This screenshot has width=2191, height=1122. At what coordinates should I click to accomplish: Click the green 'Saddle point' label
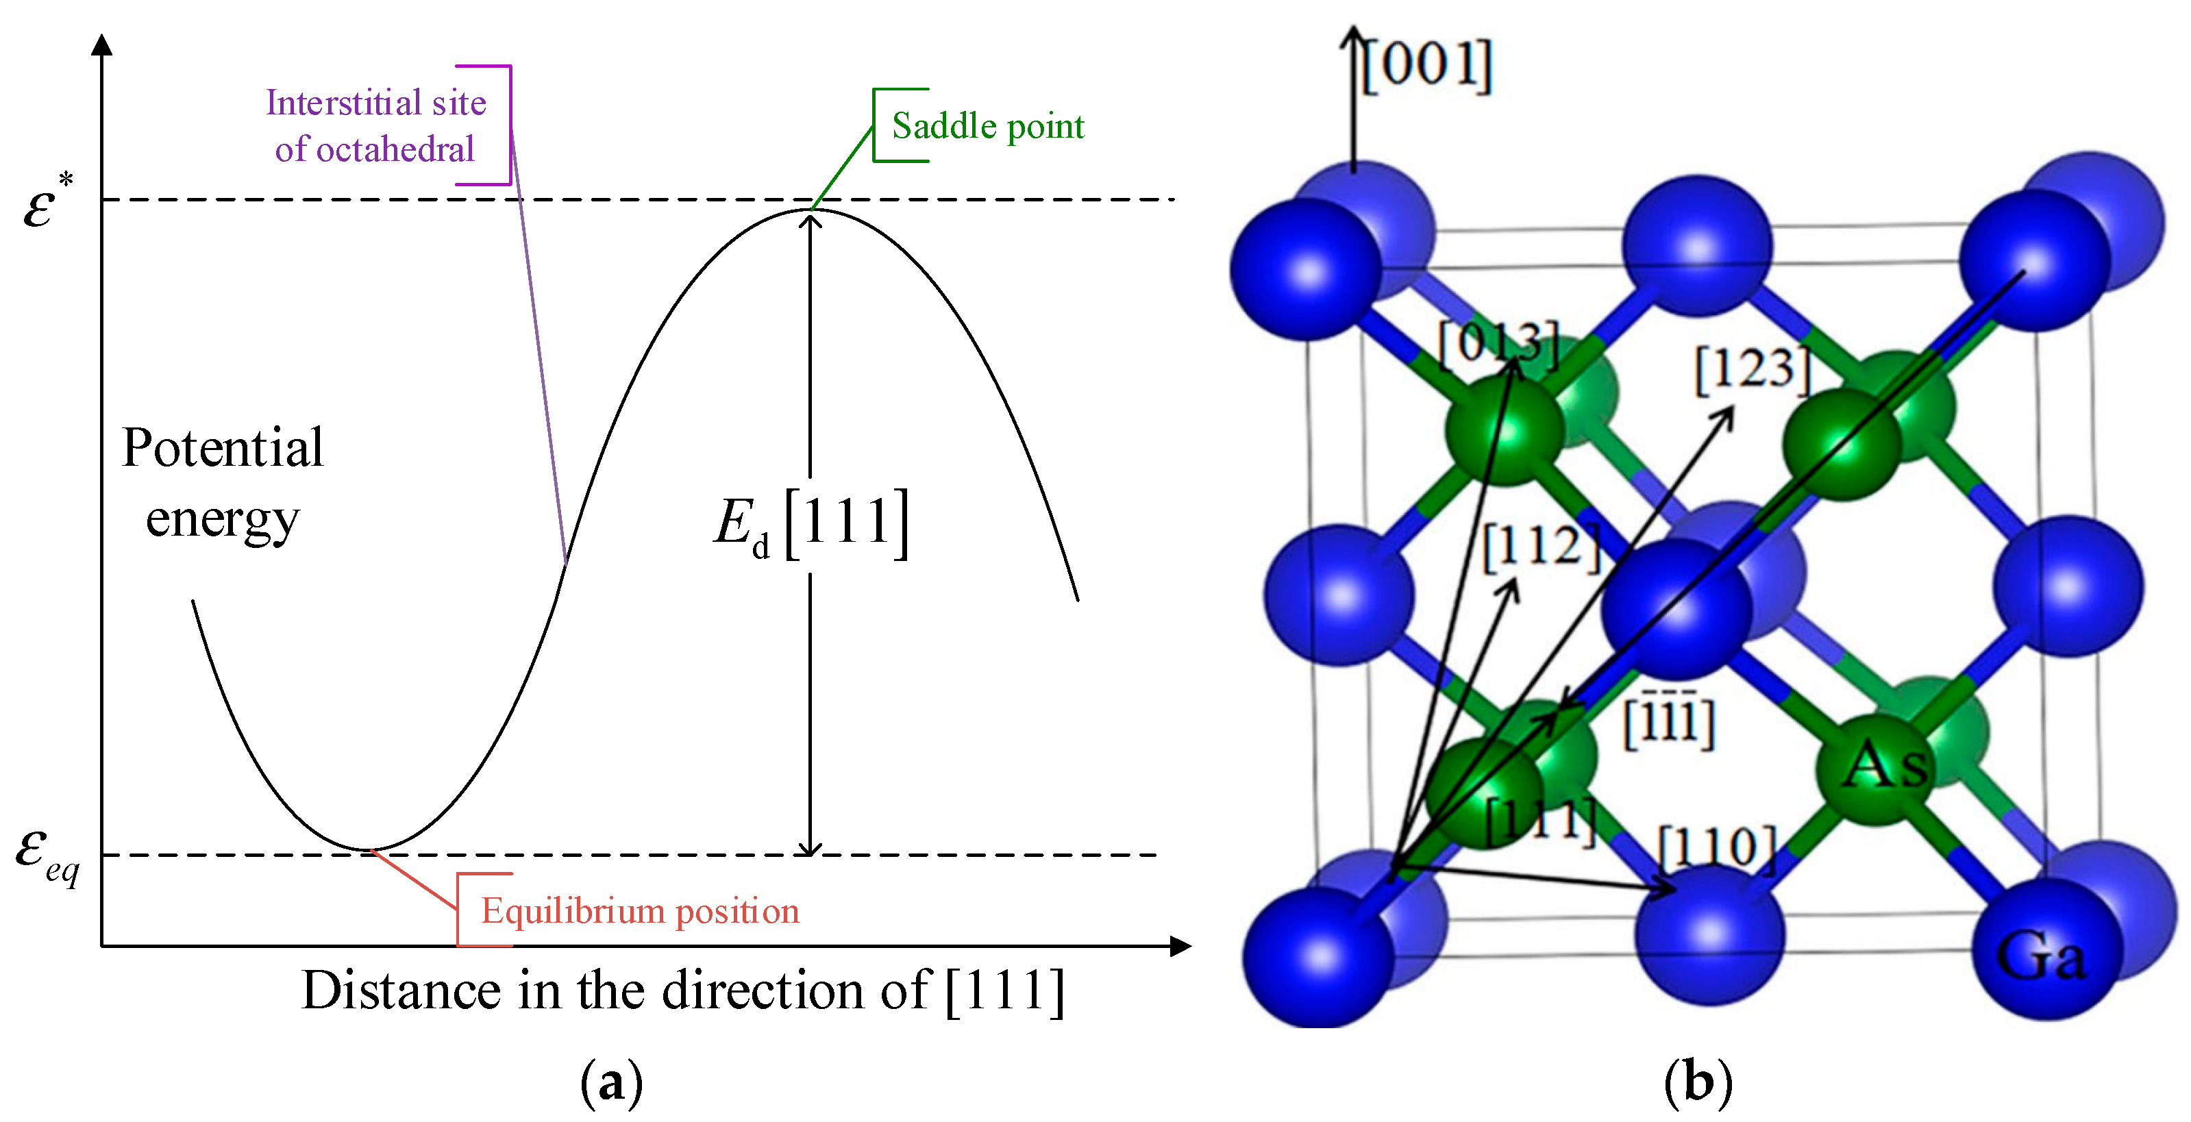click(987, 127)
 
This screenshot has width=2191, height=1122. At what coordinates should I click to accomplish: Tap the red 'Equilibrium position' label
click(640, 911)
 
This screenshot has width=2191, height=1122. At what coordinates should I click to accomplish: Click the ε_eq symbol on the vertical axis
click(47, 855)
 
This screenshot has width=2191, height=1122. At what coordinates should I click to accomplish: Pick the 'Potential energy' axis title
click(222, 482)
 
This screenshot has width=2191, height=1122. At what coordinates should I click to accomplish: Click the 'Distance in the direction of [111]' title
click(682, 991)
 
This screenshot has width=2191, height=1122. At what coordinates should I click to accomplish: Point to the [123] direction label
click(1754, 370)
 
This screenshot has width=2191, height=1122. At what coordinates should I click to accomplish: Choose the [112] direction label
click(1542, 546)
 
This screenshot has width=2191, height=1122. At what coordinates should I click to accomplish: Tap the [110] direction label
click(1718, 848)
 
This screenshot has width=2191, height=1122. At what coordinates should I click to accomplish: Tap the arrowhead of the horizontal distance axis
click(1180, 946)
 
